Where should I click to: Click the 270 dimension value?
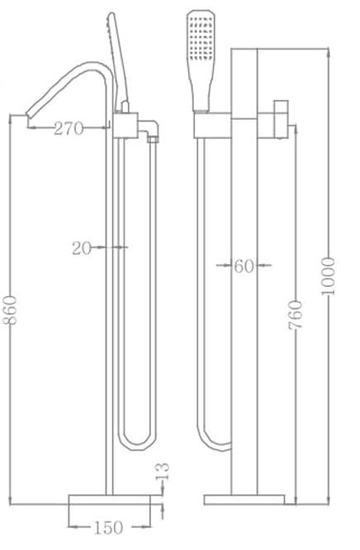coord(70,128)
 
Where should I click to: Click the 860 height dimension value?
coord(10,310)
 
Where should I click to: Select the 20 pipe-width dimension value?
coord(81,246)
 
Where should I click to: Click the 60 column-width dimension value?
coord(243,266)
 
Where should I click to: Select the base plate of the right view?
coord(244,499)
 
